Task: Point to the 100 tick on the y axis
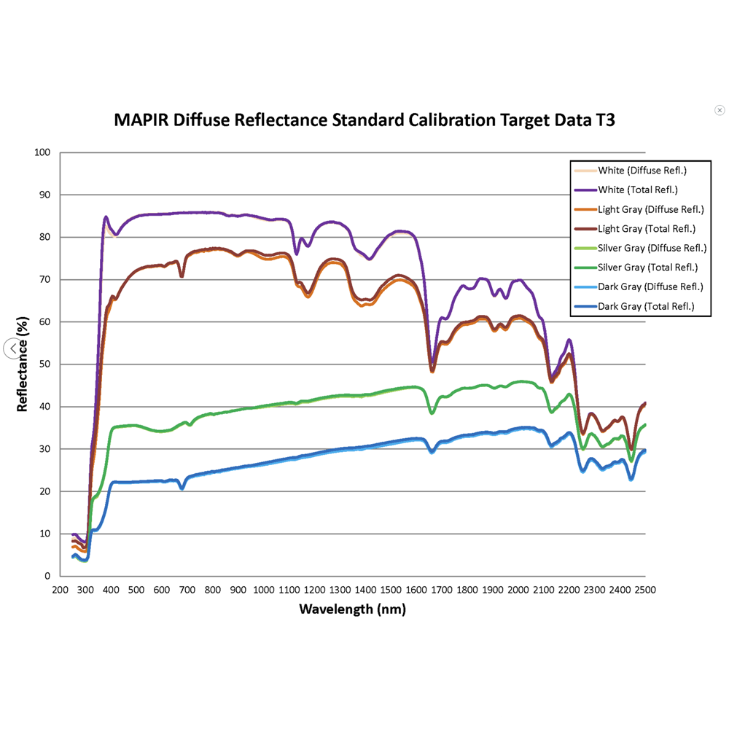coord(43,153)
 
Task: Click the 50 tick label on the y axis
coord(46,364)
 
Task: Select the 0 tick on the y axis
coord(48,576)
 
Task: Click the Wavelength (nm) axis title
coord(352,609)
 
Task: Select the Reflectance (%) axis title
coord(23,364)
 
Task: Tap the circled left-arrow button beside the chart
coord(13,348)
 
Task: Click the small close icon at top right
coord(720,110)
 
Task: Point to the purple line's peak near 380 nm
coord(106,217)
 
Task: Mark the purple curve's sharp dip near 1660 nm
coord(432,367)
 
